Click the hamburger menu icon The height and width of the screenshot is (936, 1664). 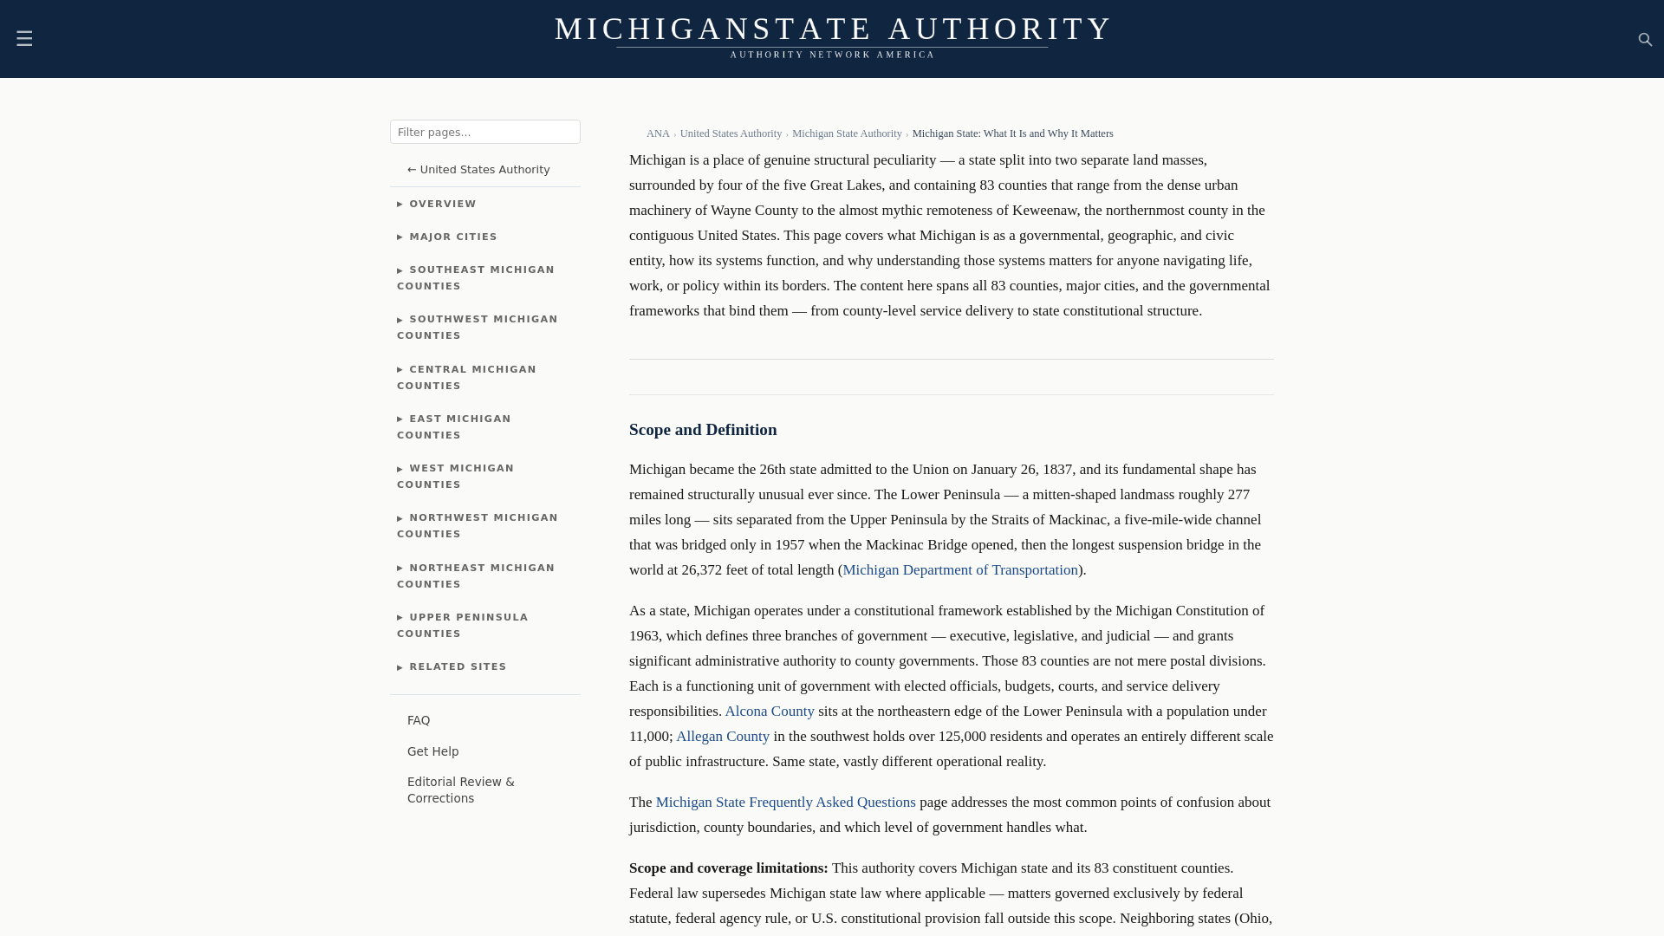pos(24,39)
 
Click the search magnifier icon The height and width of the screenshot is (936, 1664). pos(1645,40)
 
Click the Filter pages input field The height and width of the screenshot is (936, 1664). pos(484,132)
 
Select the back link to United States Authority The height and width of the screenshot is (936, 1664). pos(478,170)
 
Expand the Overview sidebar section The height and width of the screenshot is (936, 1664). pos(442,205)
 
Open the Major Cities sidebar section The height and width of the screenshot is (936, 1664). pos(452,237)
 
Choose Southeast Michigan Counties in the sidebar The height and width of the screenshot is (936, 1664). pos(475,278)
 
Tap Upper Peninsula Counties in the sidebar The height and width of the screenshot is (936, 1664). pos(463,626)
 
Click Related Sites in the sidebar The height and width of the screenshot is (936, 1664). pos(457,667)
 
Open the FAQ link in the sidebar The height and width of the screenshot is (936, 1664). pos(419,721)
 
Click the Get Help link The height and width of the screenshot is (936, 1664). pos(432,752)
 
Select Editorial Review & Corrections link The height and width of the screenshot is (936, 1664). pos(460,790)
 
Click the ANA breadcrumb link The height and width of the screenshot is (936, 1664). pos(657,133)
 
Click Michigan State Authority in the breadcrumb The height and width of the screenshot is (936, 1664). pos(846,133)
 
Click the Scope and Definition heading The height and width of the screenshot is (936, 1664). pos(702,430)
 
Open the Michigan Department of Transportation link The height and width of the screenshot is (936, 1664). pos(959,570)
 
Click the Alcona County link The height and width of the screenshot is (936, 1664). pos(769,712)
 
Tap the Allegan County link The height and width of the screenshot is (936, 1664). pos(722,737)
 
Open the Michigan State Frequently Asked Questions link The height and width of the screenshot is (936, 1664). pos(785,803)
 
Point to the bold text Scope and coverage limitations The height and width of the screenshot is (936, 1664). pos(728,868)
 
